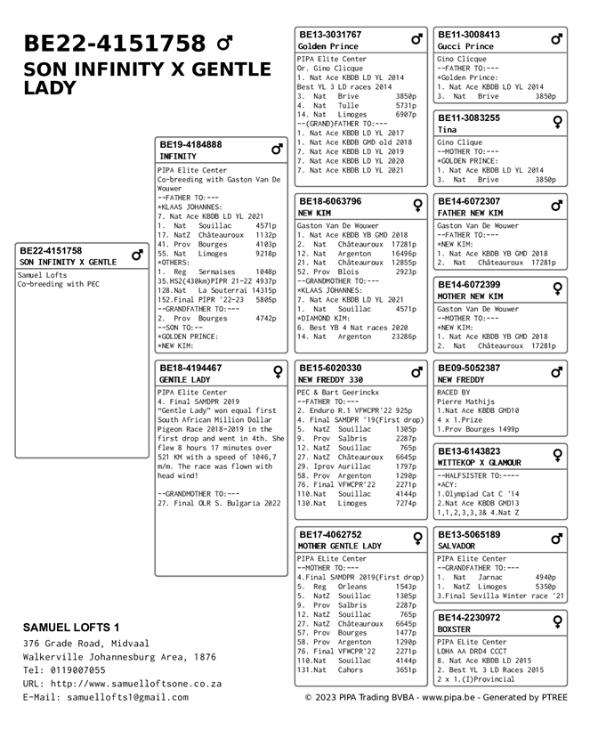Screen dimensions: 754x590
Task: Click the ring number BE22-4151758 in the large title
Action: (x=114, y=44)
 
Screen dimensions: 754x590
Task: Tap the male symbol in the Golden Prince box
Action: (x=416, y=40)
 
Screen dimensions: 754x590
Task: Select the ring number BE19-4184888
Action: (x=190, y=144)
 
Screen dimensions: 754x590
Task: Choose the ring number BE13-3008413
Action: (x=468, y=35)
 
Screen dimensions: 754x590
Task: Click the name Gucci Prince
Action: (x=465, y=46)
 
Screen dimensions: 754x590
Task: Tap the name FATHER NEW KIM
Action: (x=470, y=214)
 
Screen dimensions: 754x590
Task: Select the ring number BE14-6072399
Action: (x=468, y=285)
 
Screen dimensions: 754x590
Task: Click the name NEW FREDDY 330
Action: (x=330, y=380)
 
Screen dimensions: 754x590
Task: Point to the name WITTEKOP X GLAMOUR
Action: (x=479, y=463)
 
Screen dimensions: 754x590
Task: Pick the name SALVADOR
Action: (x=457, y=547)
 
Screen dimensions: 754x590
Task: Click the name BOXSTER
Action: (x=454, y=629)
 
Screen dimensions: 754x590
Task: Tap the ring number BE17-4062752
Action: (x=329, y=535)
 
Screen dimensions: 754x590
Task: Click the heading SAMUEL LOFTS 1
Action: (x=71, y=628)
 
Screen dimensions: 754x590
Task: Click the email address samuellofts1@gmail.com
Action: (x=127, y=697)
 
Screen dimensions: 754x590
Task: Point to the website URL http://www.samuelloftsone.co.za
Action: (x=135, y=684)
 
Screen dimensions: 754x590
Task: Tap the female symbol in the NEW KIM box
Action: (x=416, y=206)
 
